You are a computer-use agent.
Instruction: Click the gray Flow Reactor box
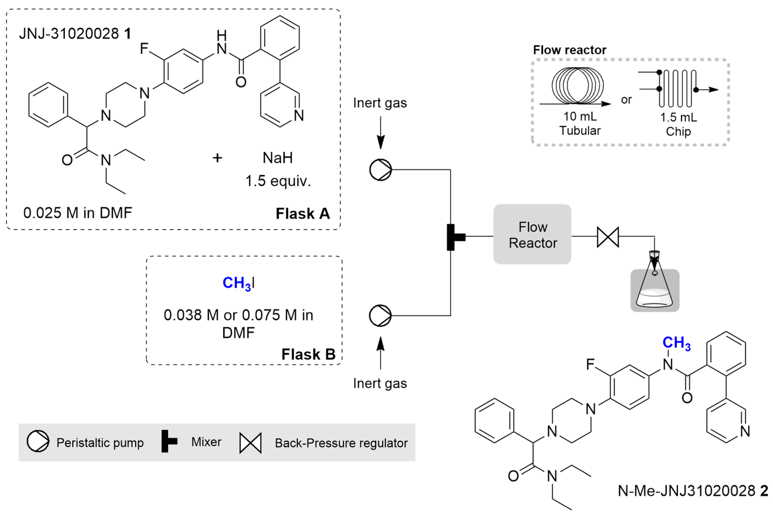point(532,234)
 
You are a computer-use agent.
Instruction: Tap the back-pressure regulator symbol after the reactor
point(608,237)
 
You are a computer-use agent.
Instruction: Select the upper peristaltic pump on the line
point(380,170)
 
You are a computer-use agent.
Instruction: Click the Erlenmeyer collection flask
point(654,289)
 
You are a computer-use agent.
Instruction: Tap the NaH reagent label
point(278,158)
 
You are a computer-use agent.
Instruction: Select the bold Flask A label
point(302,213)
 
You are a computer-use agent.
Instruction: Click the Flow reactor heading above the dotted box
point(569,50)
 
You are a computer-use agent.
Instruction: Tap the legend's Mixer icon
point(169,441)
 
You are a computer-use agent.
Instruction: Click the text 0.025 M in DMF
point(77,213)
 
